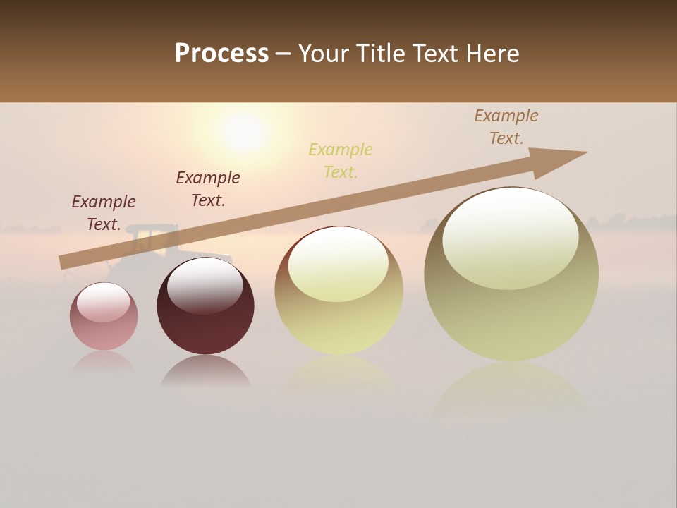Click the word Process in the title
click(x=221, y=54)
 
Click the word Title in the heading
click(x=377, y=54)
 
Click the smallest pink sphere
click(x=104, y=317)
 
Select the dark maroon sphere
click(x=205, y=306)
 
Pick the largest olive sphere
click(x=511, y=274)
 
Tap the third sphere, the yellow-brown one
click(x=338, y=291)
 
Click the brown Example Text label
click(x=506, y=127)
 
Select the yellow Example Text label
click(x=341, y=160)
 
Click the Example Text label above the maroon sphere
click(x=208, y=188)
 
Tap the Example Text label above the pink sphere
click(x=104, y=212)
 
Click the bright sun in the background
click(x=243, y=131)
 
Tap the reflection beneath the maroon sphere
click(x=205, y=372)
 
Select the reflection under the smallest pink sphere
click(x=104, y=362)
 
